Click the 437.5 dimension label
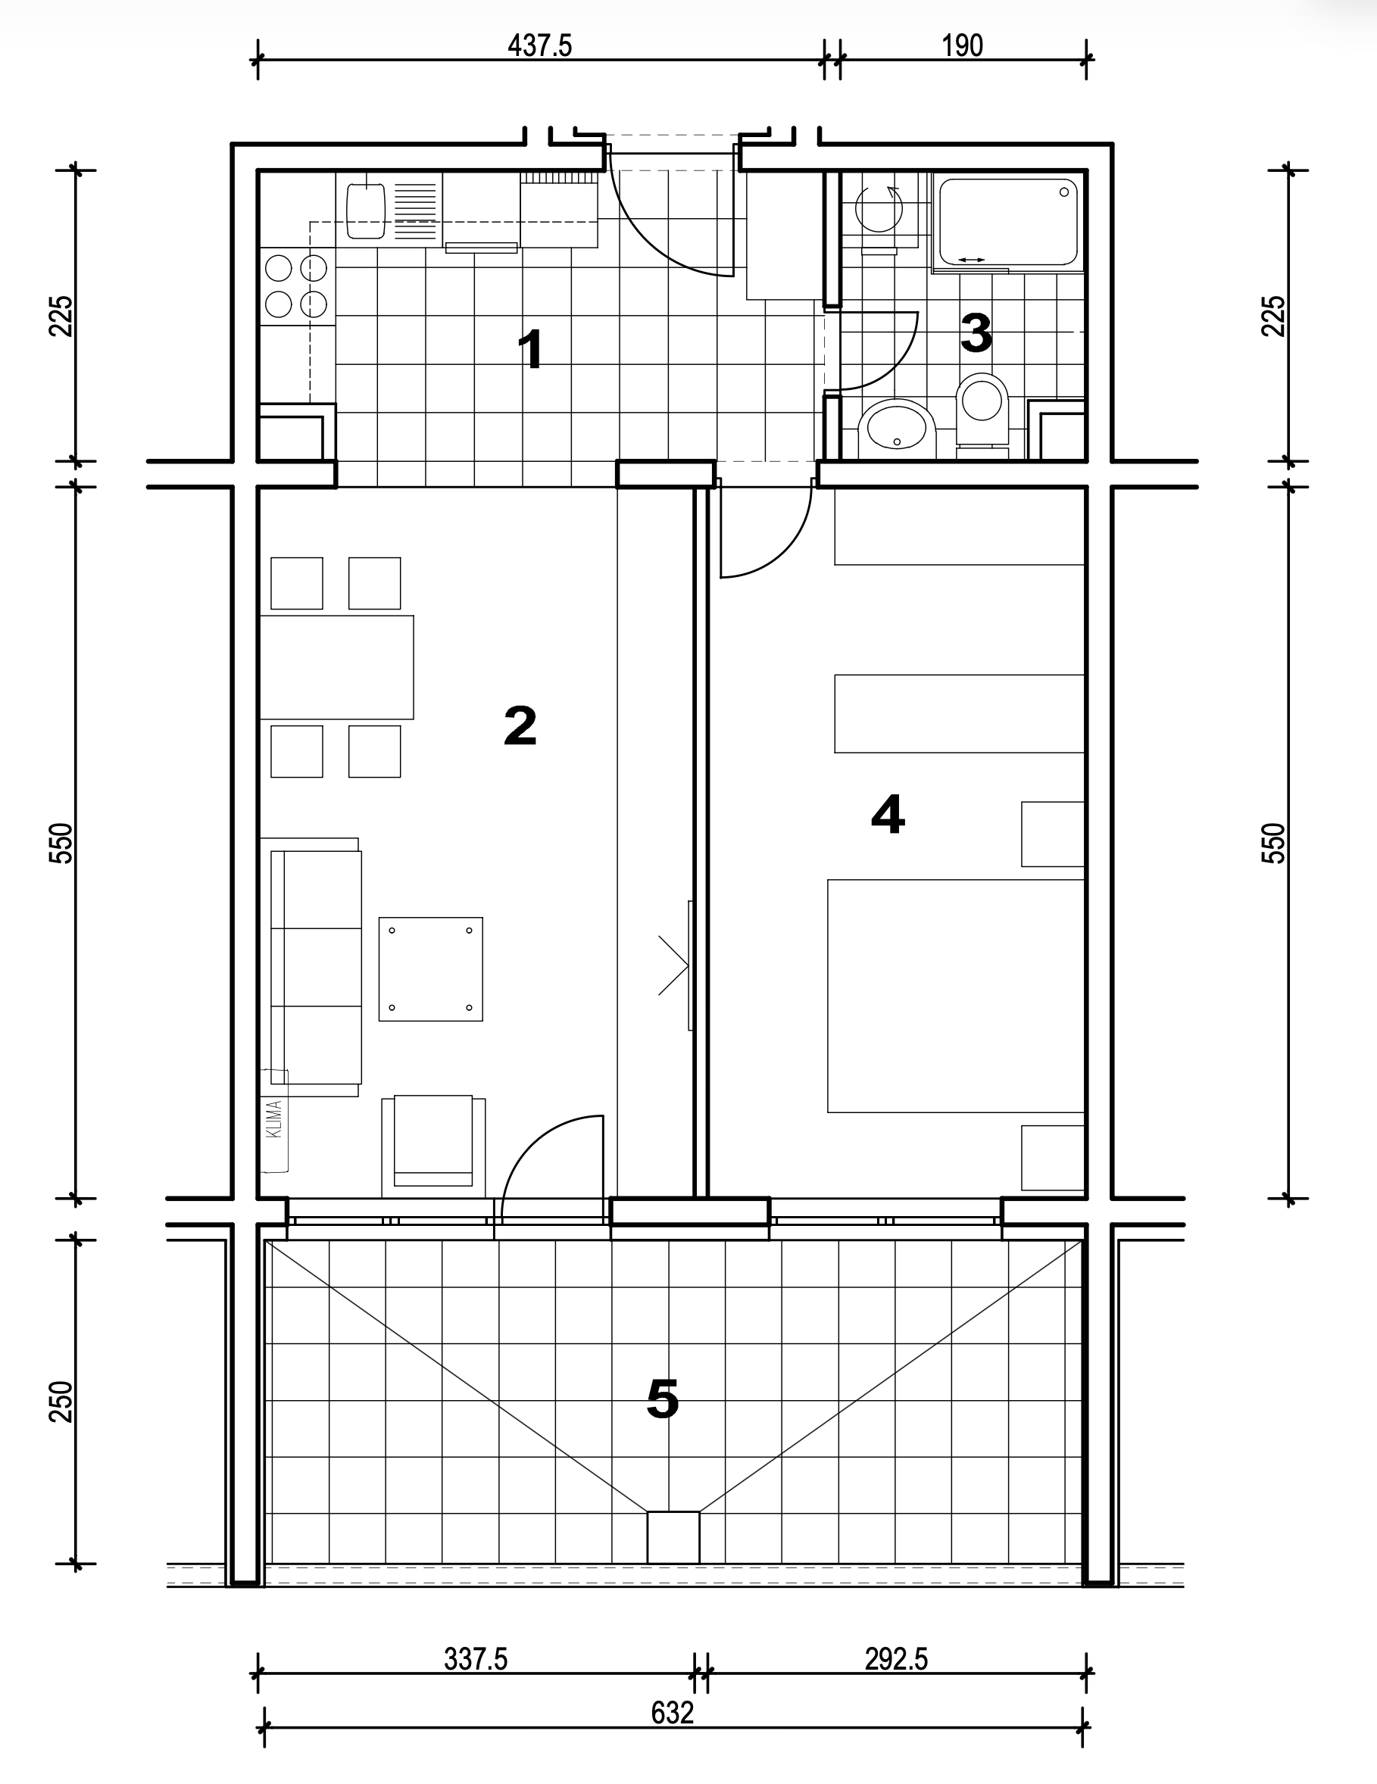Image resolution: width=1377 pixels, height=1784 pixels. tap(539, 45)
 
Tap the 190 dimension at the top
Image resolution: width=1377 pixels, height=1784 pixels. tap(962, 45)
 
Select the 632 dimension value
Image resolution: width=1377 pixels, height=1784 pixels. tap(672, 1712)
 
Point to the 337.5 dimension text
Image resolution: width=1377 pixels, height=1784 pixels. tap(476, 1659)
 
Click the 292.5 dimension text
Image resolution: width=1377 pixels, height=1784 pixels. tap(897, 1659)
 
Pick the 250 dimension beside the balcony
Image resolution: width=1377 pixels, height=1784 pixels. tap(62, 1402)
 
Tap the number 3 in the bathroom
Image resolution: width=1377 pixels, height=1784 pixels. tap(976, 332)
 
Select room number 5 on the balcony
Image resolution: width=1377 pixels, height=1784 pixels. tap(662, 1399)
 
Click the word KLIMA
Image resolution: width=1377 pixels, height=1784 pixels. tap(275, 1119)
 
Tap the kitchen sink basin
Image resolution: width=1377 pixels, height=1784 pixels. tap(365, 211)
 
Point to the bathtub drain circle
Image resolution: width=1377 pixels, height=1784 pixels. tap(1064, 192)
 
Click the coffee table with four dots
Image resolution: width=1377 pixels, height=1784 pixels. tap(431, 968)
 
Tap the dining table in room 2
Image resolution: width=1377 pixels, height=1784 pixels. tap(336, 667)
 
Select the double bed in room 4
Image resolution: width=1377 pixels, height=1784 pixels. tap(955, 996)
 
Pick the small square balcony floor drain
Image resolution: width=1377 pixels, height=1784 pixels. tap(673, 1537)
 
